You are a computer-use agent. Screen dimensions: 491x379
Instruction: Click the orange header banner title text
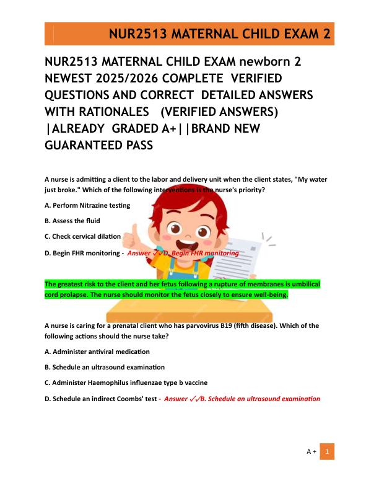coord(219,34)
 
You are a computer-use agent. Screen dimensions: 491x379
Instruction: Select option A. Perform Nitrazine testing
coord(88,205)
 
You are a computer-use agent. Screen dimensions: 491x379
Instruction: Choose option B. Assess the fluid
coord(72,221)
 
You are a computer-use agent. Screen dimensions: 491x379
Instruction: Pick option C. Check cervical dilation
coord(83,236)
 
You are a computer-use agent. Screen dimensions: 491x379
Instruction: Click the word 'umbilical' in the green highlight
coord(304,284)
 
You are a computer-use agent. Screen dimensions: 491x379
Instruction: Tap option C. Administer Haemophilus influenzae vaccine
coord(126,383)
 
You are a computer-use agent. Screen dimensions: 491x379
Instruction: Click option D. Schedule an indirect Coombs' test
coord(101,398)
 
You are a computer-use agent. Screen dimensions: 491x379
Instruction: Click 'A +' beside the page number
coord(311,452)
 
